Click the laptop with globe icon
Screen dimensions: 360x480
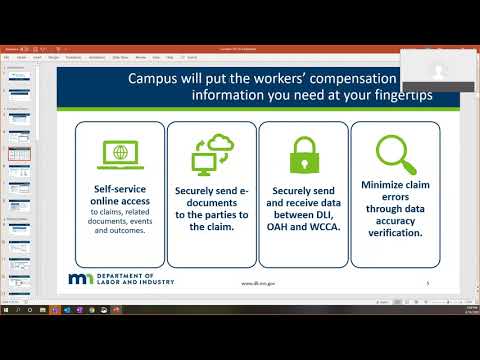pyautogui.click(x=119, y=154)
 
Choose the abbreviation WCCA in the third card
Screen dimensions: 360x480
pyautogui.click(x=322, y=227)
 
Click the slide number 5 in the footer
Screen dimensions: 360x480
pyautogui.click(x=426, y=283)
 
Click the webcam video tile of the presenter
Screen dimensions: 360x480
pyautogui.click(x=439, y=72)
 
